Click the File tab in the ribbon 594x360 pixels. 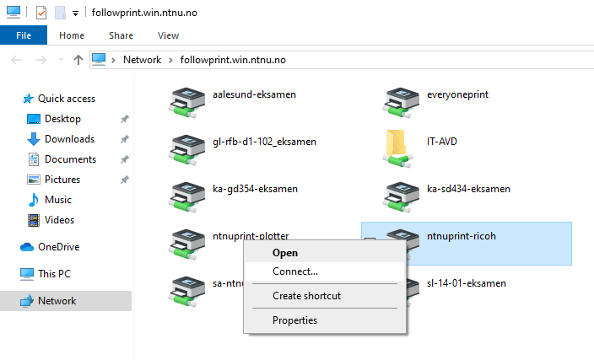24,35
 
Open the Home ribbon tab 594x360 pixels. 72,35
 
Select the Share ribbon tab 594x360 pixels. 121,35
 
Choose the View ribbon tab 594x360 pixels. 168,35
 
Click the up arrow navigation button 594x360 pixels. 78,60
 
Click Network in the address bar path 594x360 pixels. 142,60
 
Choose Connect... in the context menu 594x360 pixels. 295,271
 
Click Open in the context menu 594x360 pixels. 285,253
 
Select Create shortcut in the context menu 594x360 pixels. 306,296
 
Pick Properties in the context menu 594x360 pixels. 294,320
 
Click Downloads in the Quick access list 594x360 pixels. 69,139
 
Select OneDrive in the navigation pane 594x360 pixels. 59,247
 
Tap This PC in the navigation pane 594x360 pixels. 54,274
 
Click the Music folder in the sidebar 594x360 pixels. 58,200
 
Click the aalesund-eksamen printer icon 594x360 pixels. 186,103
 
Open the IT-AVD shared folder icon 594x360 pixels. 397,149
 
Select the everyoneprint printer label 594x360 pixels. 457,94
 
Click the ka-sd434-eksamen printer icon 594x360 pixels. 401,197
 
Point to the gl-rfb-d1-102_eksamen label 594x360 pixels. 264,142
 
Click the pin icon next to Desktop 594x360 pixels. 125,119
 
